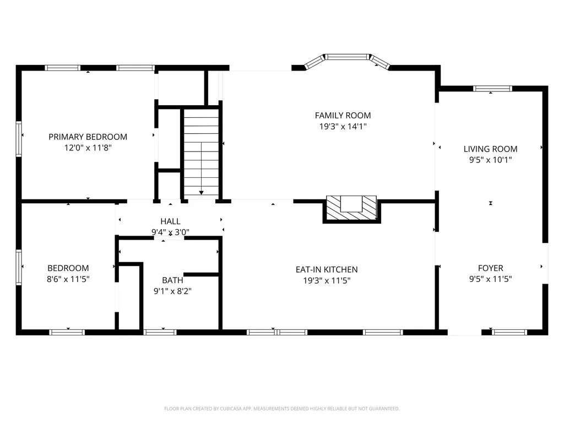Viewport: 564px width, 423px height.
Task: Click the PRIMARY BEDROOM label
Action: (x=88, y=137)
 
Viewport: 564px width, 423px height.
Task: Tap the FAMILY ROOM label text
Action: (x=343, y=116)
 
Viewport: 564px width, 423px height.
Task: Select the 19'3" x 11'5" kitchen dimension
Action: (x=327, y=280)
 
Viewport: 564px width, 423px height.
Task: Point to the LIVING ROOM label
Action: (x=490, y=149)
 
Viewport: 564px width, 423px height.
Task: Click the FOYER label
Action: (x=491, y=268)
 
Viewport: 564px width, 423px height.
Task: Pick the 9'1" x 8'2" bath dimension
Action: (x=172, y=291)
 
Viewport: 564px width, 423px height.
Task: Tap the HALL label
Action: (x=171, y=221)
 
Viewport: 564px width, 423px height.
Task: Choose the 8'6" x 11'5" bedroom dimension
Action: (x=68, y=279)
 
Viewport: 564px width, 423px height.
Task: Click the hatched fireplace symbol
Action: (x=351, y=208)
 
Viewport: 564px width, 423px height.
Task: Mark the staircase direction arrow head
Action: (x=202, y=193)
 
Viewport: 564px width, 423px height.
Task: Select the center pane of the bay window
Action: (x=348, y=57)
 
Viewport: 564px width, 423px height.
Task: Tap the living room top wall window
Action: (x=492, y=89)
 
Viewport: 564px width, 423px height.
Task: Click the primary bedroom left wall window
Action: (x=19, y=139)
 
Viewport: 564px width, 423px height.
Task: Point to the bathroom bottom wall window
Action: (x=160, y=332)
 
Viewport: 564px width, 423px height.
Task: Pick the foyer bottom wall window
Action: (x=509, y=332)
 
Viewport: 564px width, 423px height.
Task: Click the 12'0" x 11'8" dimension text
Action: (x=88, y=148)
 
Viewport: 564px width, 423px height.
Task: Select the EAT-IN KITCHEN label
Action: (x=327, y=269)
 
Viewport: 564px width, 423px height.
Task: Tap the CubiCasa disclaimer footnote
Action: (x=281, y=409)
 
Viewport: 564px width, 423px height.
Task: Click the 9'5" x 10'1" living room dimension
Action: (x=491, y=160)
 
